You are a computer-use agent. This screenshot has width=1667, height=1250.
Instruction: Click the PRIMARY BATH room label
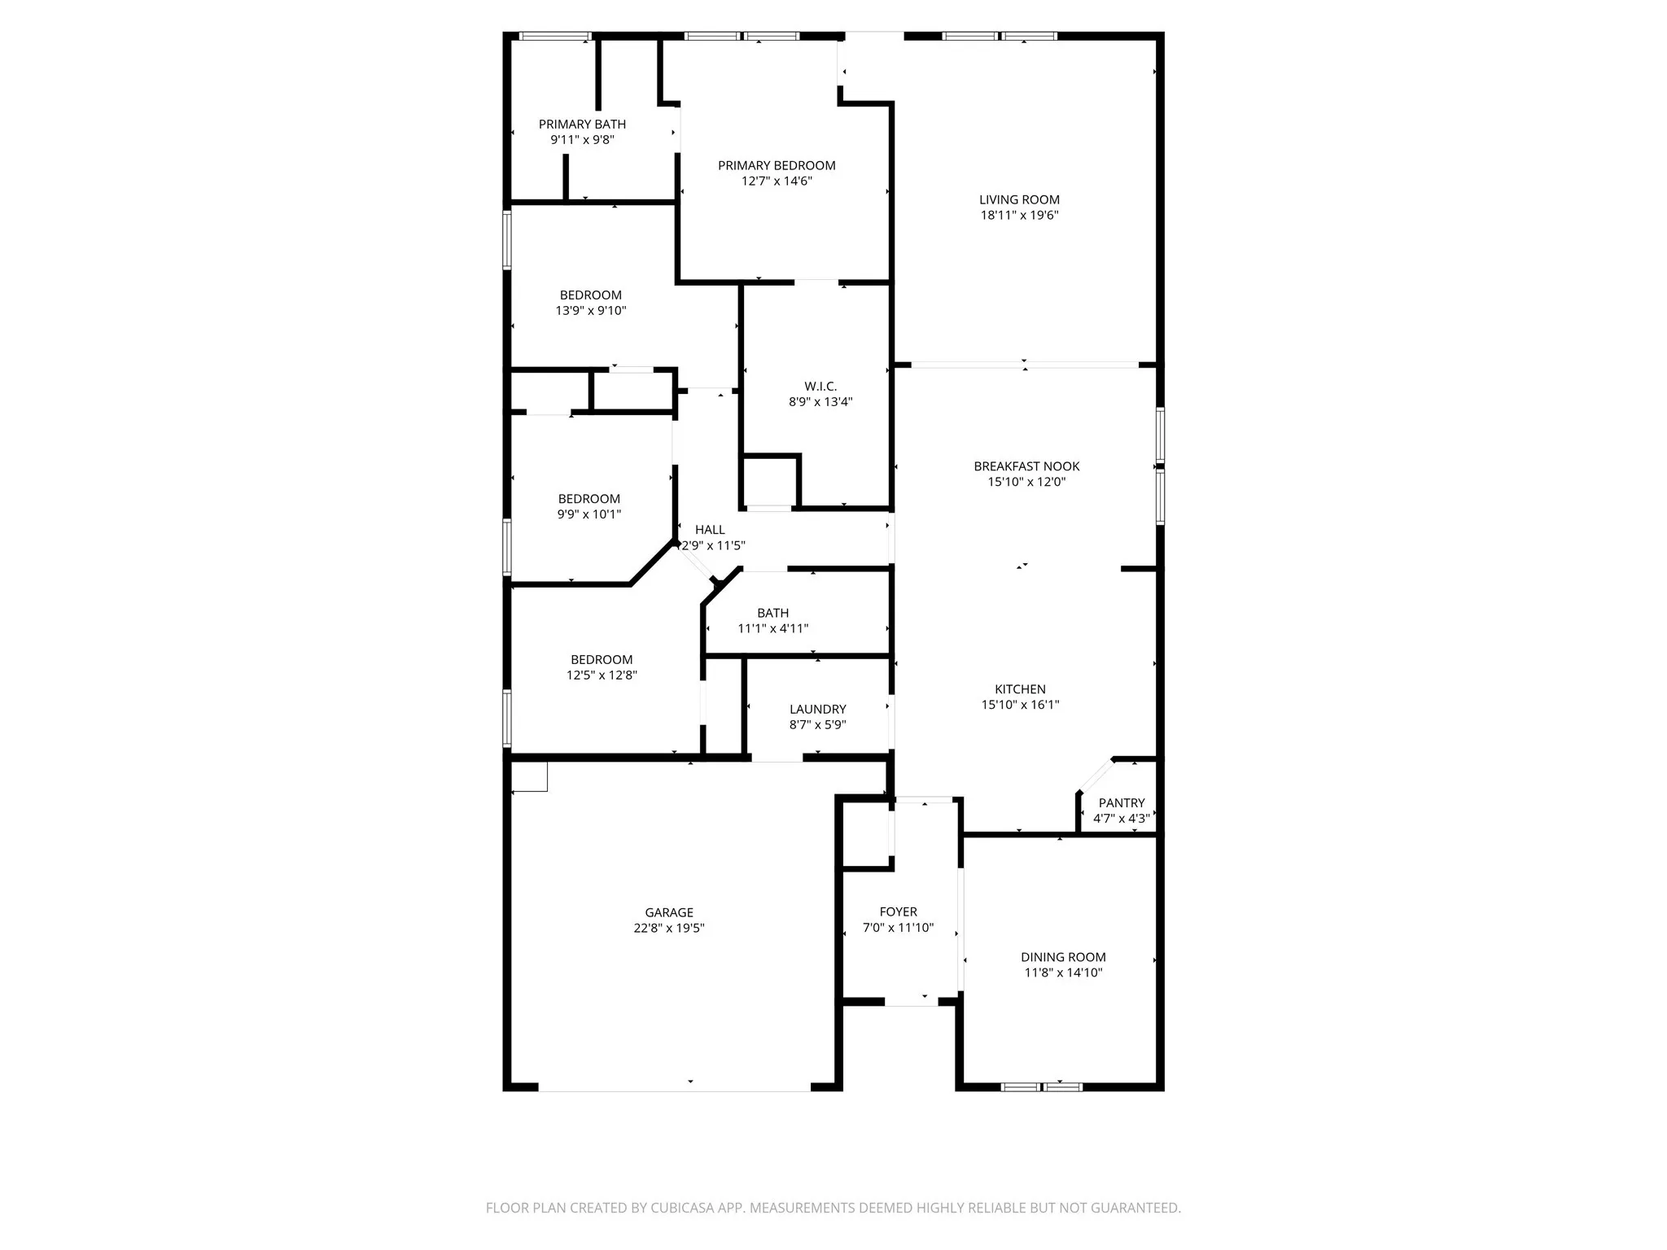click(x=582, y=125)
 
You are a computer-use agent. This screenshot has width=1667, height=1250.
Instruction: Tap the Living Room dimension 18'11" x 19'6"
click(x=1019, y=216)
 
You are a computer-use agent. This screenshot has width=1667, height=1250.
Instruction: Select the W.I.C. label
click(x=820, y=387)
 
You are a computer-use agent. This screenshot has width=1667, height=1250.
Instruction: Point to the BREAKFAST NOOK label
click(x=1026, y=466)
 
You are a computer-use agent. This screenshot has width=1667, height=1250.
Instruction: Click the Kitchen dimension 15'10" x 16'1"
click(x=1020, y=705)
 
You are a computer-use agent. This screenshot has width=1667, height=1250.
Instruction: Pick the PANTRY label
click(x=1121, y=803)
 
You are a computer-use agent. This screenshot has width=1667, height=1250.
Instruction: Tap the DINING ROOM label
click(x=1063, y=958)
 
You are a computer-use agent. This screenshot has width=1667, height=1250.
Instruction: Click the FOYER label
click(x=898, y=912)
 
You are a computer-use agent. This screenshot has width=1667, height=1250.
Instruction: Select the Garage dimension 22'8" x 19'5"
click(x=668, y=929)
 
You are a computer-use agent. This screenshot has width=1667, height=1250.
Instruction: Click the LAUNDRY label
click(x=817, y=710)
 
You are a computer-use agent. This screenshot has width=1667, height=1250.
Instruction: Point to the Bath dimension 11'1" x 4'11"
click(x=772, y=629)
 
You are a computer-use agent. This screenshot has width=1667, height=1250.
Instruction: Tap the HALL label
click(x=710, y=530)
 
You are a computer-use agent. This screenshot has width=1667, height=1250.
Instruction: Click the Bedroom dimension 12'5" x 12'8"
click(x=602, y=675)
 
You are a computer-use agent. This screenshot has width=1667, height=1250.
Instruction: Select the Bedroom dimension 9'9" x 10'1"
click(x=588, y=514)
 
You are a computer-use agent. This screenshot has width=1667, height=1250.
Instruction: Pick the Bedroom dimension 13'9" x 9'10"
click(x=590, y=311)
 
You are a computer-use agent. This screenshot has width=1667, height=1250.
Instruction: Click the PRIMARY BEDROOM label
click(x=777, y=166)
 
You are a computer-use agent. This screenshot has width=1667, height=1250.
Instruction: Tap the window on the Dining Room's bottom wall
click(x=1041, y=1086)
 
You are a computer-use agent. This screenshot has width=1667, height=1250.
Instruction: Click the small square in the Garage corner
click(x=529, y=776)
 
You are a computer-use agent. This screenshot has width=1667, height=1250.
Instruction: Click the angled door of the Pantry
click(x=1095, y=775)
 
